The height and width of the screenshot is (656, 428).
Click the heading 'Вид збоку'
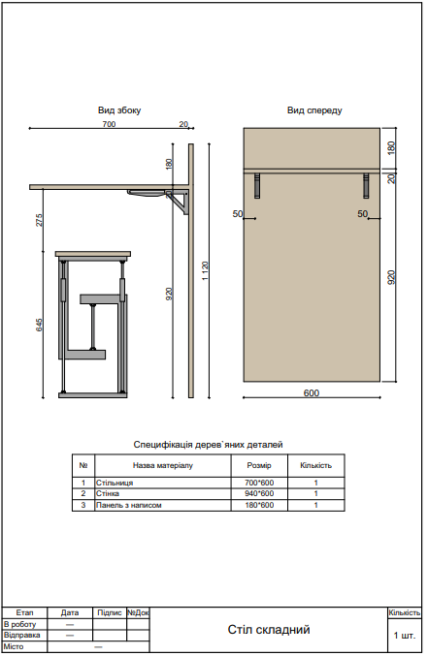[119, 111]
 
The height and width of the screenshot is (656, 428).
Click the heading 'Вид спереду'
[313, 111]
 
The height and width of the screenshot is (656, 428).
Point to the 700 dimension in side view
[108, 125]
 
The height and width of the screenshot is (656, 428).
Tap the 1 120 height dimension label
[205, 271]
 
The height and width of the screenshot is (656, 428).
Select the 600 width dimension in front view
[312, 393]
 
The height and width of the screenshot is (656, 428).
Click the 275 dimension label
[40, 219]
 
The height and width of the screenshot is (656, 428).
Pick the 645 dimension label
[40, 325]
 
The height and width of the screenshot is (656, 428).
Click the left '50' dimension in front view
[238, 213]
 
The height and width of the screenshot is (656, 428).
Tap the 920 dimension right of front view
[391, 277]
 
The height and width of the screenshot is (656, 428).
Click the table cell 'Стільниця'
[115, 482]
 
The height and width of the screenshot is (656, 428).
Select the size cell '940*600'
[259, 493]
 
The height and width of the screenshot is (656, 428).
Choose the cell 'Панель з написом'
[128, 505]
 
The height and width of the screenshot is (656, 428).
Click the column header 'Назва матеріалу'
[156, 465]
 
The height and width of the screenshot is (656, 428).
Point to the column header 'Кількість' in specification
[316, 465]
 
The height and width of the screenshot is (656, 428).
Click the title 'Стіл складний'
[269, 630]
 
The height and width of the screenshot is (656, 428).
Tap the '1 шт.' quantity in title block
[405, 636]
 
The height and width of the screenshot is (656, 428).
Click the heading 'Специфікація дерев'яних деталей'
[208, 444]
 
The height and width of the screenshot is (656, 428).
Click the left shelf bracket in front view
[257, 183]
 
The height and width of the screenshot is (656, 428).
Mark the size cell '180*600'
[259, 505]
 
